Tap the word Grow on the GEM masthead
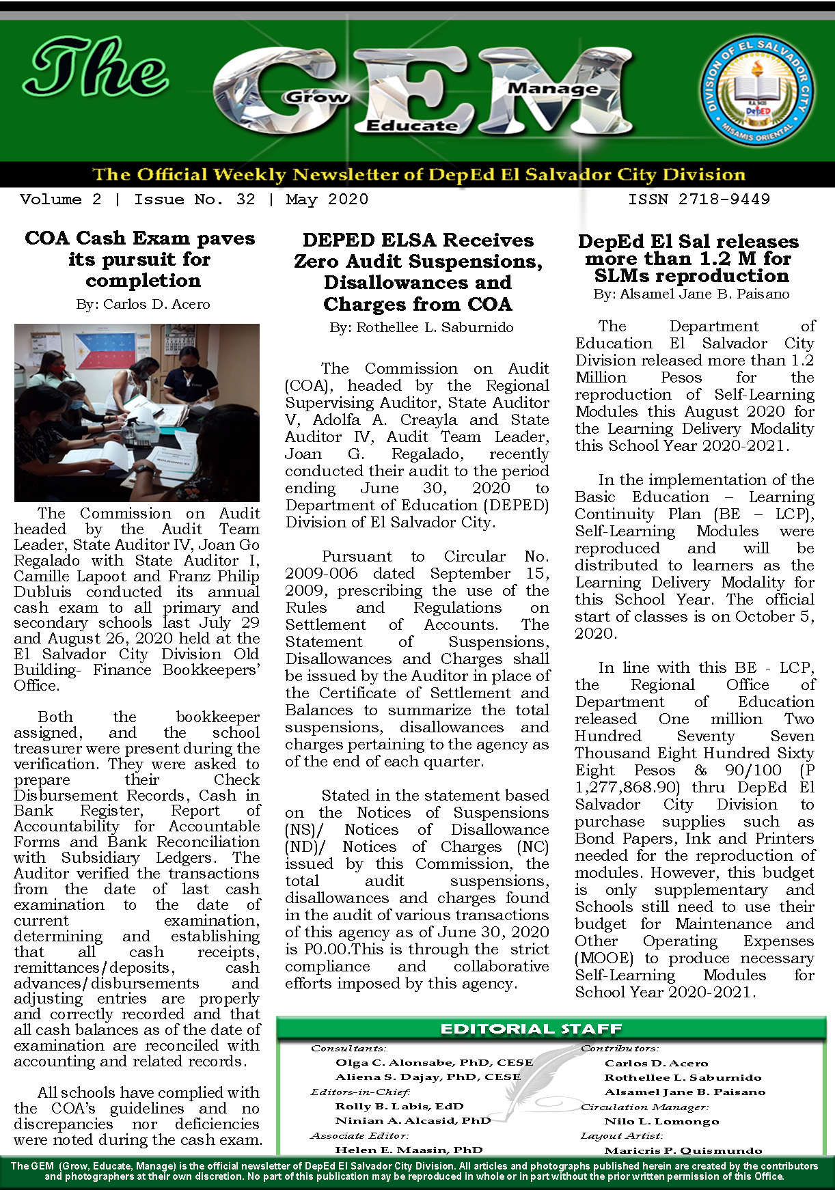(x=316, y=97)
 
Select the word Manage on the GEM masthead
(x=553, y=88)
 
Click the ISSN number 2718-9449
(x=698, y=199)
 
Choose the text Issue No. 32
(x=194, y=199)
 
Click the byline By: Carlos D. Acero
(x=143, y=304)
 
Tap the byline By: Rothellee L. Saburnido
(x=421, y=327)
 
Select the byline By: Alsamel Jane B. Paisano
(x=691, y=294)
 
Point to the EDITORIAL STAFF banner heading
(x=531, y=1029)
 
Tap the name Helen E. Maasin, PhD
(x=409, y=1150)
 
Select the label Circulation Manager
(x=644, y=1107)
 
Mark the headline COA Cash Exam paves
(x=139, y=238)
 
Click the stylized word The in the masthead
(x=96, y=68)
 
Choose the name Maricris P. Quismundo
(x=683, y=1150)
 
